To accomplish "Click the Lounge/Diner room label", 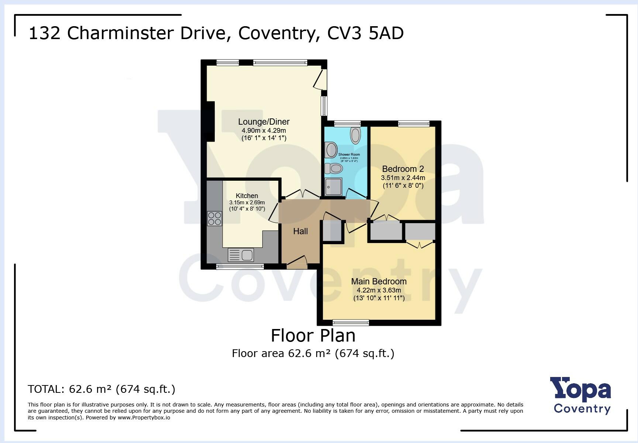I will pos(263,122).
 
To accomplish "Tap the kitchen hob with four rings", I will pos(214,218).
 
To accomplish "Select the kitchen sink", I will pos(241,255).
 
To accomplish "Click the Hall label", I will pos(300,231).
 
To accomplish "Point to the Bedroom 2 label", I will pos(403,169).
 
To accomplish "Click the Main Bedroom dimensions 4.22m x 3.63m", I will pos(379,290).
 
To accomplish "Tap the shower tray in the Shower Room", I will pos(334,187).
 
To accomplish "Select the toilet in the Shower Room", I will pos(334,169).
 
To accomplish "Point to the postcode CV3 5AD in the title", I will pos(365,33).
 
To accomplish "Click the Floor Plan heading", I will pos(313,335).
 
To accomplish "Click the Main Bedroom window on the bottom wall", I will pos(351,322).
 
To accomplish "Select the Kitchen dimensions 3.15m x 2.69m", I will pos(247,203).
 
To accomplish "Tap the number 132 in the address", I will pos(44,33).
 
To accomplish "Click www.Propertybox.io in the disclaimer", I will pos(144,418).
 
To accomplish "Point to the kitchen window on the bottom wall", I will pos(240,266).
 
